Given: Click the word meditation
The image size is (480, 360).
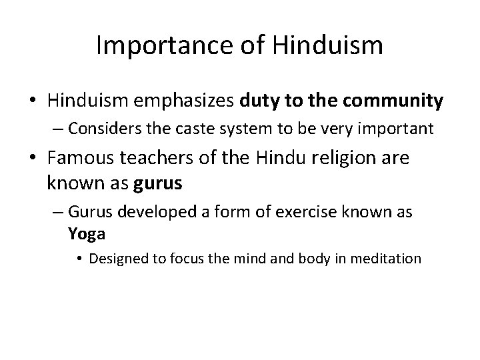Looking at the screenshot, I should click(390, 258).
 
